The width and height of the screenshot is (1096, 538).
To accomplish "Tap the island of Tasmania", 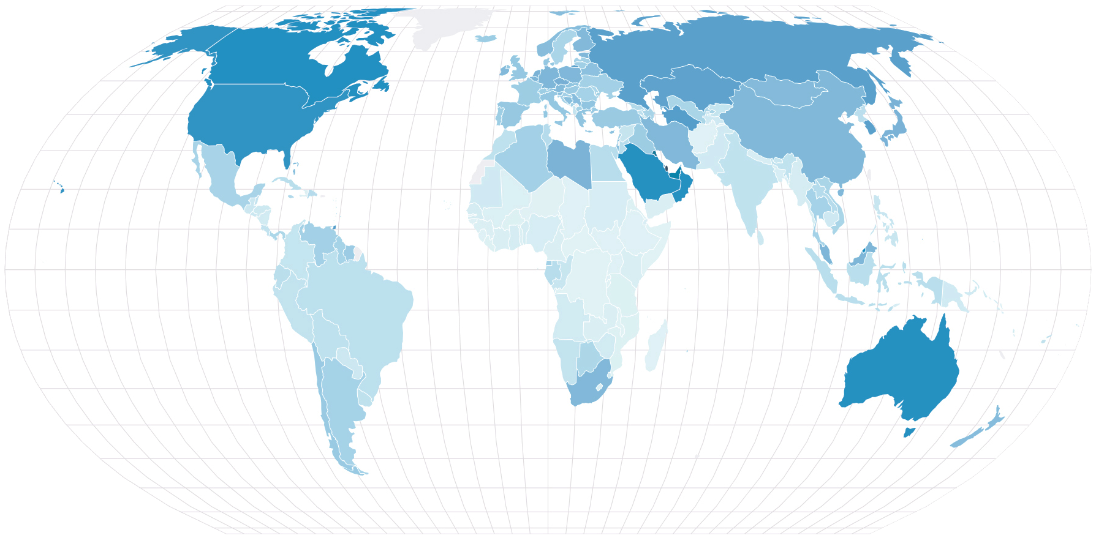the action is pos(909,432).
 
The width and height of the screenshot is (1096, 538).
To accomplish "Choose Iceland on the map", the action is pos(486,39).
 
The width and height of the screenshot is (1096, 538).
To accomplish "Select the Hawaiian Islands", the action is pos(62,190).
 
